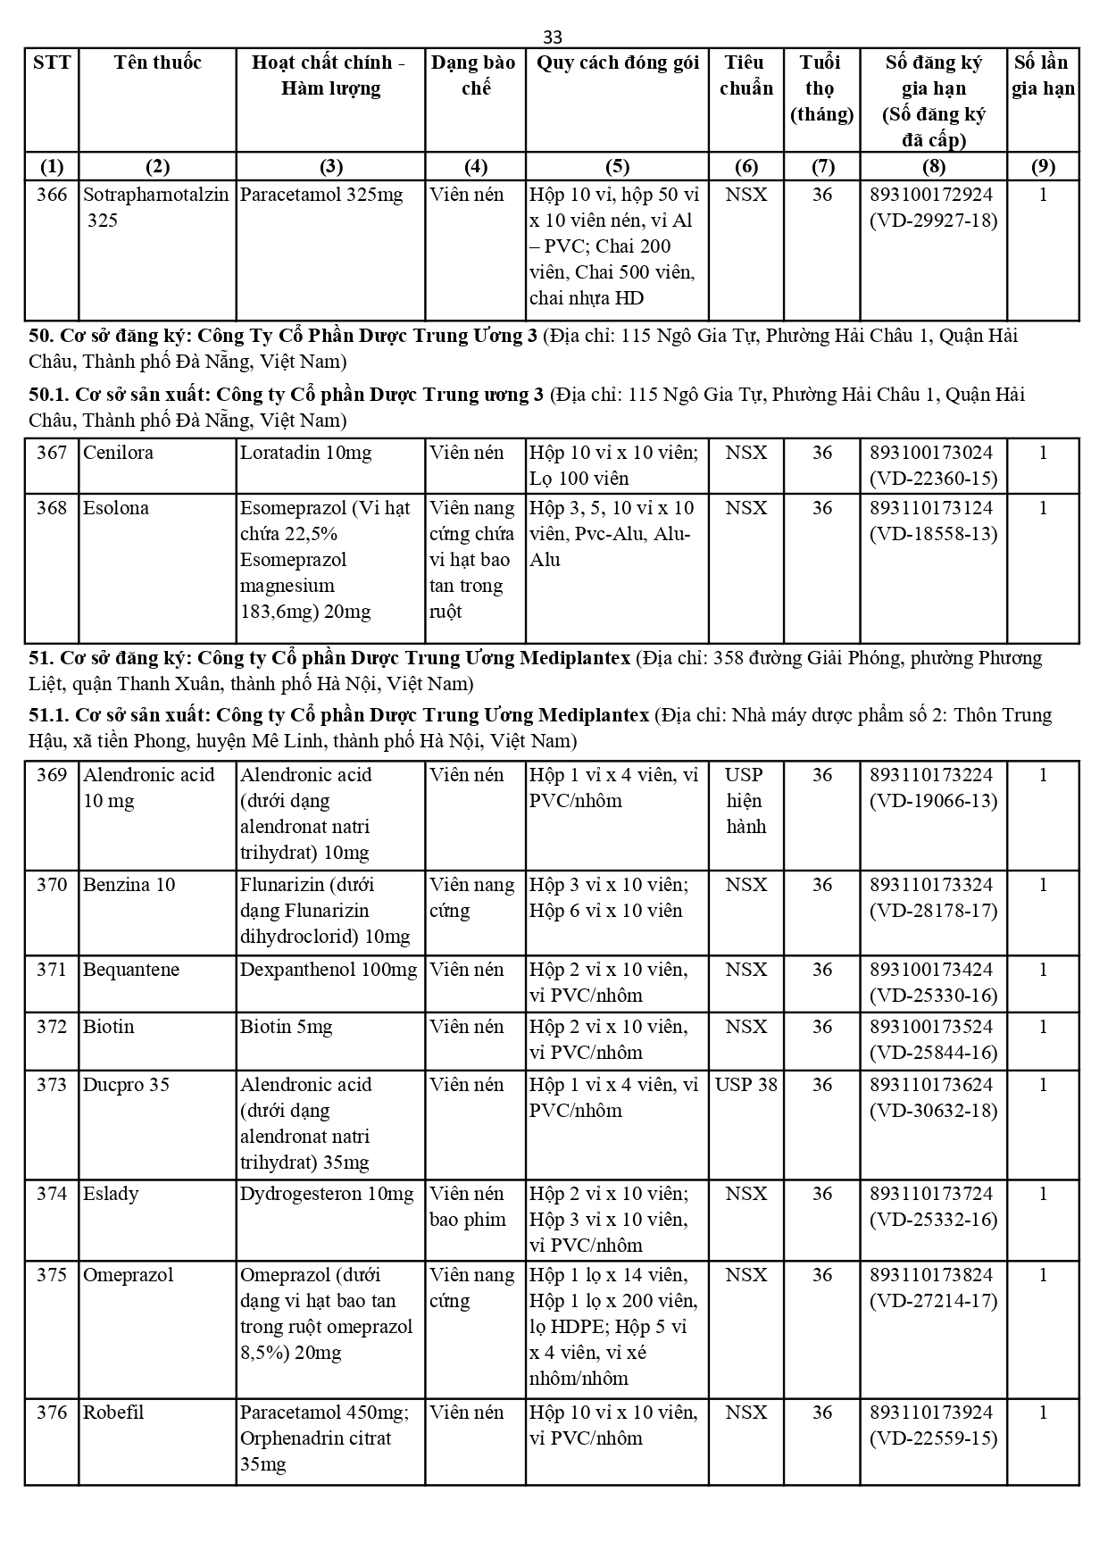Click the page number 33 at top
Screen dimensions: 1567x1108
553,37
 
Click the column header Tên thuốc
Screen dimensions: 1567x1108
157,63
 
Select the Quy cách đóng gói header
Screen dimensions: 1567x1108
617,63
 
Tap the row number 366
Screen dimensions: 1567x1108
52,195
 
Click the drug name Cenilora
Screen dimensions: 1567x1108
118,453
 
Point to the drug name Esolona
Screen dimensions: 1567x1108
116,508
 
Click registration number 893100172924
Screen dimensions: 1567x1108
933,195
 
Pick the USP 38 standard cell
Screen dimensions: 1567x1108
746,1085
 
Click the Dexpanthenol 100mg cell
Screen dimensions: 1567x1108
329,970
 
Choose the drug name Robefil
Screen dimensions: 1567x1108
113,1413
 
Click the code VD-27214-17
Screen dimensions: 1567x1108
933,1301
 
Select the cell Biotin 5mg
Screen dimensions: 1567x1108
286,1027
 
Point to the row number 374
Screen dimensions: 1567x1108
52,1194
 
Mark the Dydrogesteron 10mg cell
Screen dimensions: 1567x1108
327,1194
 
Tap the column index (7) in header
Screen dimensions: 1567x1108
821,166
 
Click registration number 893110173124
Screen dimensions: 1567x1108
933,508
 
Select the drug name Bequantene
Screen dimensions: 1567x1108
131,970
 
